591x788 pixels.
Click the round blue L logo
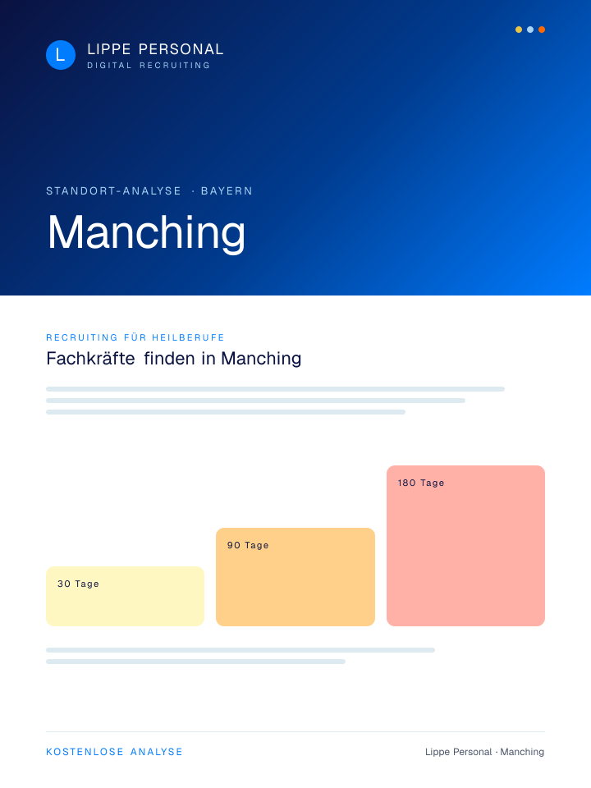click(61, 55)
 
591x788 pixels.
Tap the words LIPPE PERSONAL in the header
click(155, 49)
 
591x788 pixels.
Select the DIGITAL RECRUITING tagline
click(149, 66)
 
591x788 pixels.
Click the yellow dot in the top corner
click(519, 30)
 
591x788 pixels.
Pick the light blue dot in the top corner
click(530, 30)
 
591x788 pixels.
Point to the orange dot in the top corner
click(542, 30)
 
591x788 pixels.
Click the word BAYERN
click(227, 191)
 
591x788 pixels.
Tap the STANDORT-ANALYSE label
click(113, 191)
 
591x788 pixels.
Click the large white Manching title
click(146, 232)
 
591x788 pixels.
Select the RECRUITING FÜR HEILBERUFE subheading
click(135, 337)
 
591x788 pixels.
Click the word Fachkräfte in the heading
click(90, 359)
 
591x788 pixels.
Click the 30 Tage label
click(78, 584)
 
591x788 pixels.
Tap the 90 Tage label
click(248, 545)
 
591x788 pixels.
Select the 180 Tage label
click(421, 483)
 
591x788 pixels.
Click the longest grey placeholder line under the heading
click(276, 389)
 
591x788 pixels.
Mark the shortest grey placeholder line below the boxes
click(195, 662)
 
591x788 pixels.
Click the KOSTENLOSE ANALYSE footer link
click(115, 752)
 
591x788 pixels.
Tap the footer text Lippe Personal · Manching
click(484, 752)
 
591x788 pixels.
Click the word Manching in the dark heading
click(261, 359)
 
